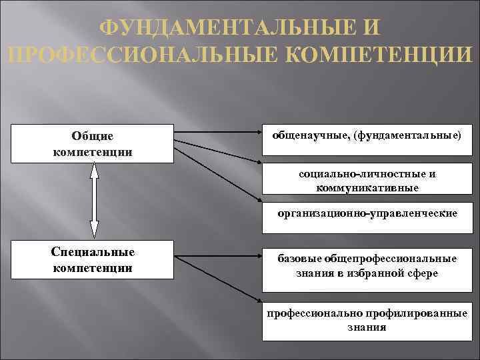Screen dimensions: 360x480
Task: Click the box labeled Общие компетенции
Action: (x=93, y=143)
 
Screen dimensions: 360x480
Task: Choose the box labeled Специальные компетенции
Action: (x=93, y=260)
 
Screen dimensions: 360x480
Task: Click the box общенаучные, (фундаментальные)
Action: (x=367, y=140)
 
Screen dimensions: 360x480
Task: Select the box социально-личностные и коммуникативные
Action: (x=367, y=181)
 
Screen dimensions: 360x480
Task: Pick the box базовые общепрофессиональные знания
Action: (x=367, y=266)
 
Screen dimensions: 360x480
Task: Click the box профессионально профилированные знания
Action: (x=367, y=321)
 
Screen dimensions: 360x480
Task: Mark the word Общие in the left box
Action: (x=93, y=136)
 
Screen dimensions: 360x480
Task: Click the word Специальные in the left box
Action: (x=93, y=252)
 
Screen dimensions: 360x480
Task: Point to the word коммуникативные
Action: (x=367, y=188)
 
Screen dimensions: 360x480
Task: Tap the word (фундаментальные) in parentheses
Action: (x=407, y=135)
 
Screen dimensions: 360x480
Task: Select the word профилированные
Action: (x=415, y=314)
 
